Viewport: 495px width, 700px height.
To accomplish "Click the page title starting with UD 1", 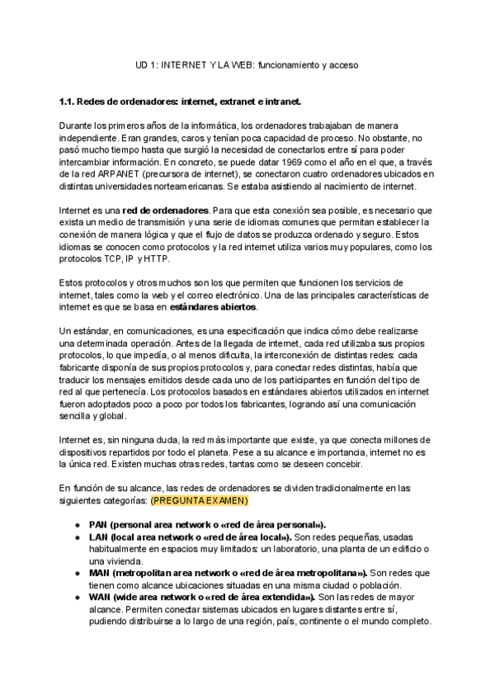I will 247,64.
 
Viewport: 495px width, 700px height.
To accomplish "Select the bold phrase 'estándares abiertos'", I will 213,307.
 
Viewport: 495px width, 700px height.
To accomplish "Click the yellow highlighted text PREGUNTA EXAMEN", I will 200,500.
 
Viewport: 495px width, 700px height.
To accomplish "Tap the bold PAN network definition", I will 206,524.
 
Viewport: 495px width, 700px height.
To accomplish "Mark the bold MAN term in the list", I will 228,573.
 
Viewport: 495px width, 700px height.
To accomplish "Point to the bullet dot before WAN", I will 77,597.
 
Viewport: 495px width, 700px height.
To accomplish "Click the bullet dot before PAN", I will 77,524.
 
